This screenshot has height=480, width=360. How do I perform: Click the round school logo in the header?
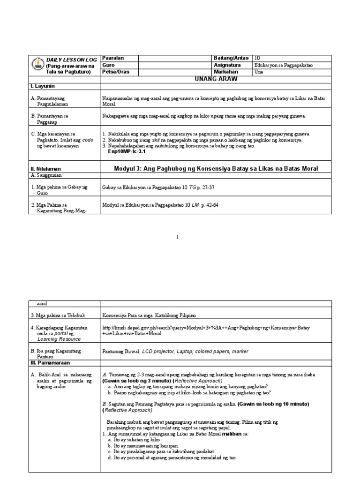(37, 65)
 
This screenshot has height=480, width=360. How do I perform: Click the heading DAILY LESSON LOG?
(71, 60)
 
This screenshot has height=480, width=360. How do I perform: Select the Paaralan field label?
(113, 58)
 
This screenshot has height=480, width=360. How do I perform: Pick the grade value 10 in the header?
(257, 58)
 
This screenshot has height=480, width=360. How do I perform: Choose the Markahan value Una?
(259, 72)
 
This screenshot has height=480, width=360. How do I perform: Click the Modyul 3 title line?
(216, 168)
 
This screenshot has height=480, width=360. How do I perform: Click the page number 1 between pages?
(178, 237)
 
